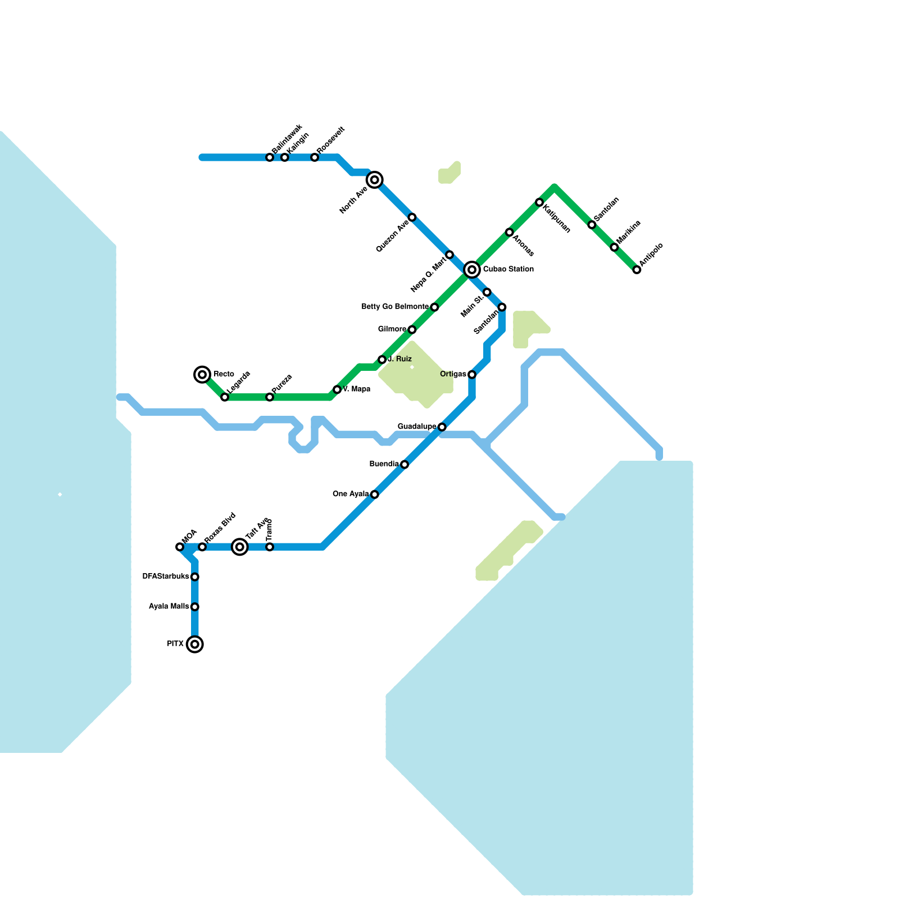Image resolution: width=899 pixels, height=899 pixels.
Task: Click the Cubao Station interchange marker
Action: click(472, 270)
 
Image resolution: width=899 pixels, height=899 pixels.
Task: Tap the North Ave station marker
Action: click(375, 180)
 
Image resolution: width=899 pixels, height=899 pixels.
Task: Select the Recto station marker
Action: click(202, 374)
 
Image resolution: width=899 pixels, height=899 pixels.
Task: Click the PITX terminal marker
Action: click(194, 644)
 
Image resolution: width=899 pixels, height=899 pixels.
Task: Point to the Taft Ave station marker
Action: click(240, 547)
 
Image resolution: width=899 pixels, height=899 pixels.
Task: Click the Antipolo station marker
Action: click(637, 270)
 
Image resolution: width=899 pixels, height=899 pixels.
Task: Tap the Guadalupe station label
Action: click(417, 427)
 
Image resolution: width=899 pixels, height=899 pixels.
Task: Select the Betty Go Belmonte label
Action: click(395, 307)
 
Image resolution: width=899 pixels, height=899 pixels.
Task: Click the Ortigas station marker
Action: click(472, 374)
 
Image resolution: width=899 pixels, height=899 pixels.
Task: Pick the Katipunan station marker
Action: click(539, 202)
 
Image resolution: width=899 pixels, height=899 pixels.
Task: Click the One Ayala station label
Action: click(351, 494)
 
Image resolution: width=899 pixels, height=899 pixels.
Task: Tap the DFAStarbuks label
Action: click(166, 576)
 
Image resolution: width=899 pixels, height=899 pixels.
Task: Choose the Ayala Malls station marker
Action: click(194, 607)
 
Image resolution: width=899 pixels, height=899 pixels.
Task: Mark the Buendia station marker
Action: click(405, 464)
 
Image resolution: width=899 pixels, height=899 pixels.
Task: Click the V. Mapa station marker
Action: click(337, 389)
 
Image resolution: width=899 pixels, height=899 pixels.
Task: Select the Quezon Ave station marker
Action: click(412, 217)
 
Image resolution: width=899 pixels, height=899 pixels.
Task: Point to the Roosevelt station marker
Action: click(315, 157)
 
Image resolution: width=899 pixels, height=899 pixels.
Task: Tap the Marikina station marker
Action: click(614, 247)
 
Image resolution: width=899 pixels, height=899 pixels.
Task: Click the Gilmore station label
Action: click(392, 329)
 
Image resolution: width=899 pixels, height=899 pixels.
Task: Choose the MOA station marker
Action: click(180, 547)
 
